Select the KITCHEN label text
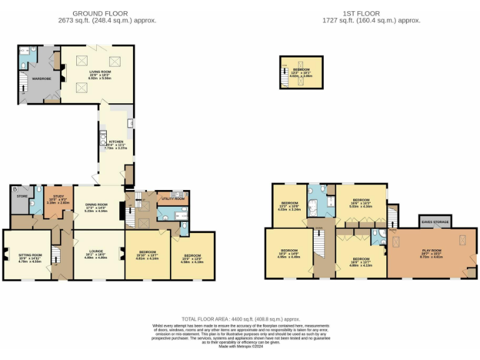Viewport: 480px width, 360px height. click(108, 141)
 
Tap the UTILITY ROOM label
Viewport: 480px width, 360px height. click(172, 198)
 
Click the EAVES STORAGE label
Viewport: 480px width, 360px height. click(435, 221)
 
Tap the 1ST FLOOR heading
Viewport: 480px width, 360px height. click(361, 13)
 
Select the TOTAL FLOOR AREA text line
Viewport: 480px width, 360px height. click(241, 319)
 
